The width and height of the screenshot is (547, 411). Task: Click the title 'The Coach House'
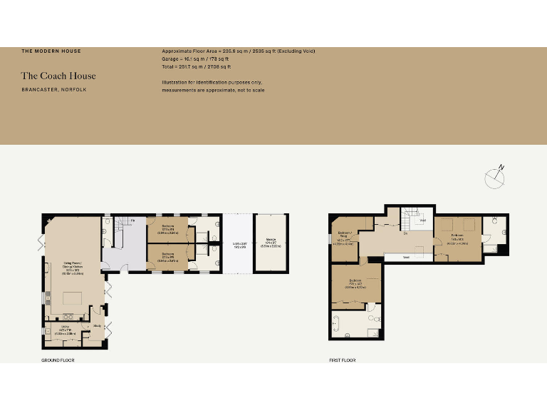click(58, 76)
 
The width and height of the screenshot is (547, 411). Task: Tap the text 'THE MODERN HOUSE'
click(51, 51)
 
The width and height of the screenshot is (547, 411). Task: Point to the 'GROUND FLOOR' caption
click(58, 360)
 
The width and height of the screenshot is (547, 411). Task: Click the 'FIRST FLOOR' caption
click(343, 360)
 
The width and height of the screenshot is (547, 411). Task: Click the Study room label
click(98, 326)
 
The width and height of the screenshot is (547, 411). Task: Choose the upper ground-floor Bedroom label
click(168, 230)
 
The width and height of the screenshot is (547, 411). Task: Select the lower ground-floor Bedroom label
click(168, 255)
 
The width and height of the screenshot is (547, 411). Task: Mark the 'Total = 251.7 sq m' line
click(197, 66)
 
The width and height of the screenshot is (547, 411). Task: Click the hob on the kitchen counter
click(70, 318)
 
